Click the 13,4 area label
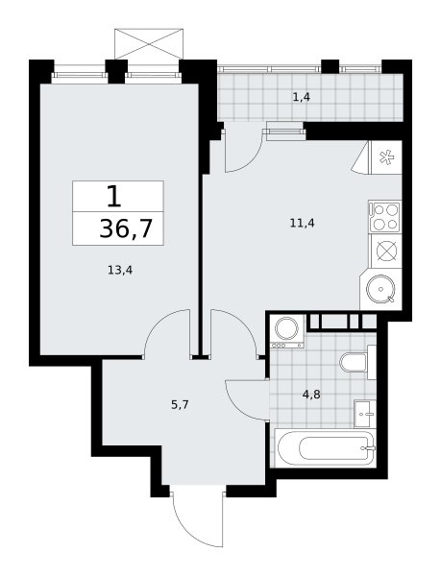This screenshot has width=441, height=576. click(120, 271)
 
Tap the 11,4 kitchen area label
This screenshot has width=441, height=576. click(302, 223)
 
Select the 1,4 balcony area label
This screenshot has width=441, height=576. click(302, 97)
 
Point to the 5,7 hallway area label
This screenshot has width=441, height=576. click(180, 405)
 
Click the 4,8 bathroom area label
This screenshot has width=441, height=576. click(311, 395)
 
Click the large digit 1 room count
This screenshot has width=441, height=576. click(114, 197)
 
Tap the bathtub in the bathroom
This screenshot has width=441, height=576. click(326, 448)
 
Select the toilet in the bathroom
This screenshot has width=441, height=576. click(357, 362)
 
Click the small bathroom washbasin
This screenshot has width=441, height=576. click(365, 414)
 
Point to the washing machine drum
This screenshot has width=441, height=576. click(286, 328)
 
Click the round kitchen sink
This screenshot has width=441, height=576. click(380, 289)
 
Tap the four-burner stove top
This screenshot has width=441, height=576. click(385, 217)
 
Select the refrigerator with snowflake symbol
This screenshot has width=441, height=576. click(386, 157)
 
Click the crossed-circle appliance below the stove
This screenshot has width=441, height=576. click(386, 252)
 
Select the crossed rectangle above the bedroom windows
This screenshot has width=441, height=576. click(149, 44)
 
